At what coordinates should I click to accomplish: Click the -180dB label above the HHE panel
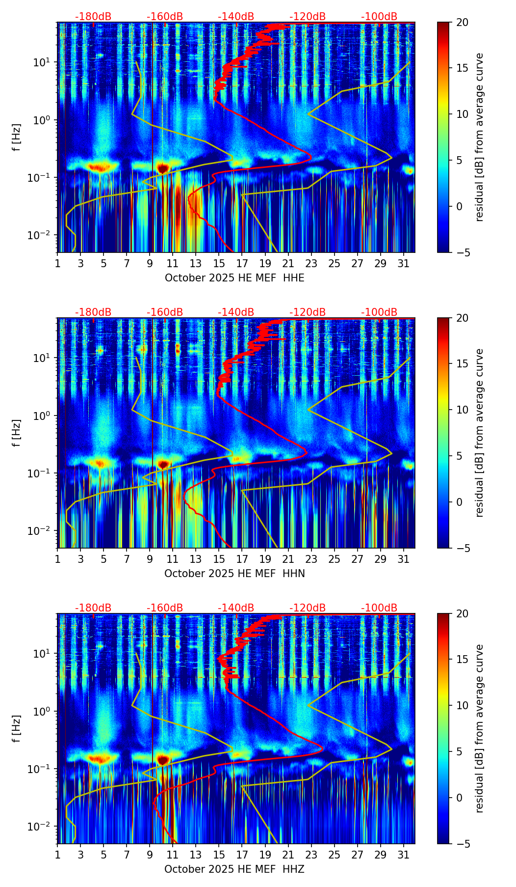click(93, 17)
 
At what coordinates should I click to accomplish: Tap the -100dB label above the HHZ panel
click(379, 608)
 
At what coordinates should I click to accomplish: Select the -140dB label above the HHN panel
click(236, 312)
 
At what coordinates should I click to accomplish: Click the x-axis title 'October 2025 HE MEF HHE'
click(234, 278)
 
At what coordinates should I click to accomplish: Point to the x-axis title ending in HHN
click(234, 574)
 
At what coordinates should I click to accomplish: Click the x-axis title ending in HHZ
click(234, 869)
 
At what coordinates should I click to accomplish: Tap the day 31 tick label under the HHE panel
click(403, 263)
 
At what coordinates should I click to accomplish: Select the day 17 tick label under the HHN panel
click(242, 559)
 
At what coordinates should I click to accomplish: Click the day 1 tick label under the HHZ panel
click(58, 855)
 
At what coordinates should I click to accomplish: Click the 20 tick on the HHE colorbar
click(462, 22)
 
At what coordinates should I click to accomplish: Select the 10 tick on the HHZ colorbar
click(462, 705)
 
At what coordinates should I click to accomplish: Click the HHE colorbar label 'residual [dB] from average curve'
click(479, 137)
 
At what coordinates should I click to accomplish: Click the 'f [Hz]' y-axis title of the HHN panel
click(17, 433)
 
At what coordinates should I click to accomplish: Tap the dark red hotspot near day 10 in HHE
click(163, 168)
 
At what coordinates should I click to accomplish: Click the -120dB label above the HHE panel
click(308, 17)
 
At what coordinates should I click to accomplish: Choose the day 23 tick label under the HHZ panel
click(311, 855)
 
